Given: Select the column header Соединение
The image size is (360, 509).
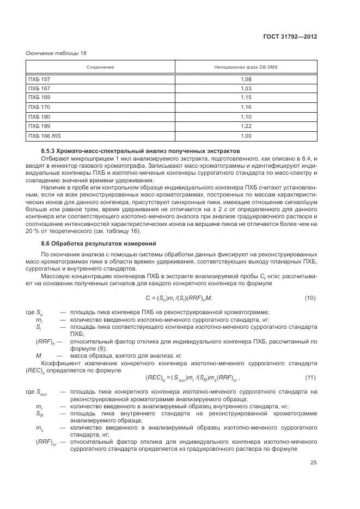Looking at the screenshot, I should [x=100, y=67].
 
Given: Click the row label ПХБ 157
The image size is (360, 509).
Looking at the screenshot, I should [x=39, y=79].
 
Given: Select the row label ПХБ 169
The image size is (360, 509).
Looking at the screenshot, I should [x=39, y=97].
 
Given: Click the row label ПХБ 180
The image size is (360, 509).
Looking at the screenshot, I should [x=39, y=116].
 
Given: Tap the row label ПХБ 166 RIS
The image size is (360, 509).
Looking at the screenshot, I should [x=43, y=135].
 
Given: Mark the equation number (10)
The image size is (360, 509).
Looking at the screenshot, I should [x=310, y=298].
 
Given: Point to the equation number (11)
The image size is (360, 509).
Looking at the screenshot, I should [x=310, y=377].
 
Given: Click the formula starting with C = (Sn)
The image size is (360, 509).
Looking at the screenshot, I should [x=179, y=298].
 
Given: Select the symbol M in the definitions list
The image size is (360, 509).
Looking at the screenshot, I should [x=39, y=355].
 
